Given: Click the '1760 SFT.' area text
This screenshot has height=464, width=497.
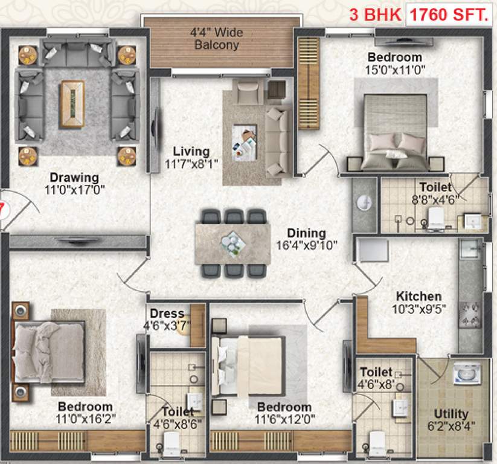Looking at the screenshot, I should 447,14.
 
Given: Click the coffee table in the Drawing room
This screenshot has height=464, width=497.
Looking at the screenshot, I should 72,104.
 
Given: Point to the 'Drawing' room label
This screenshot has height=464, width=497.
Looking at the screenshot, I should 74,178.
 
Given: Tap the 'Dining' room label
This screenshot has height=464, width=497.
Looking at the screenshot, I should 306,233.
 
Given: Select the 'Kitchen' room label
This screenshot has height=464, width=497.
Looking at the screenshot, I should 418,297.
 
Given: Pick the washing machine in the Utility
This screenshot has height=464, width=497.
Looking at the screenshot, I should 467,373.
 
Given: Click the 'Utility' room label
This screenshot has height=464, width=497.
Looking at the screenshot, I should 451,414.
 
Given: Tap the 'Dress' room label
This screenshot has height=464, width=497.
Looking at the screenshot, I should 167,314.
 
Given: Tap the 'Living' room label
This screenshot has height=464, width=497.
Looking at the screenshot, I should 191,152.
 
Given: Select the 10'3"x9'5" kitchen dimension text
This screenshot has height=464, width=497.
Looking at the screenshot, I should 418,309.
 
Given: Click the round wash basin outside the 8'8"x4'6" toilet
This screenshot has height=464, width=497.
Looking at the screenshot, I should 365,203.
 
